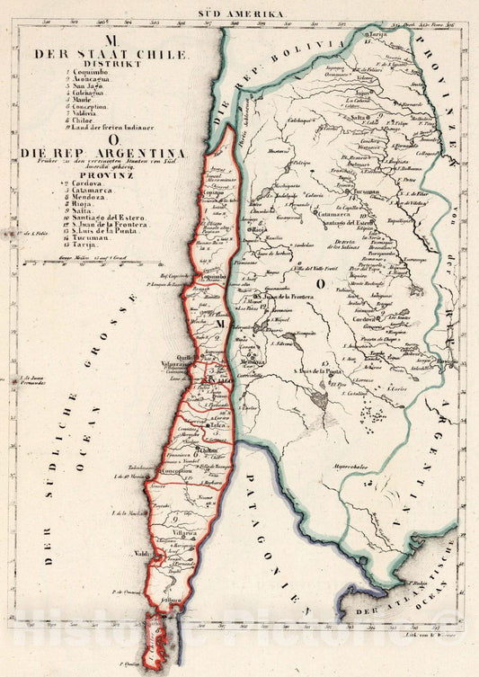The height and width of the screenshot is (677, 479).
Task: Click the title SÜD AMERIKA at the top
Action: (240, 14)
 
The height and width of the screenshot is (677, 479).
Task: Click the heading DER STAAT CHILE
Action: (111, 54)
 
